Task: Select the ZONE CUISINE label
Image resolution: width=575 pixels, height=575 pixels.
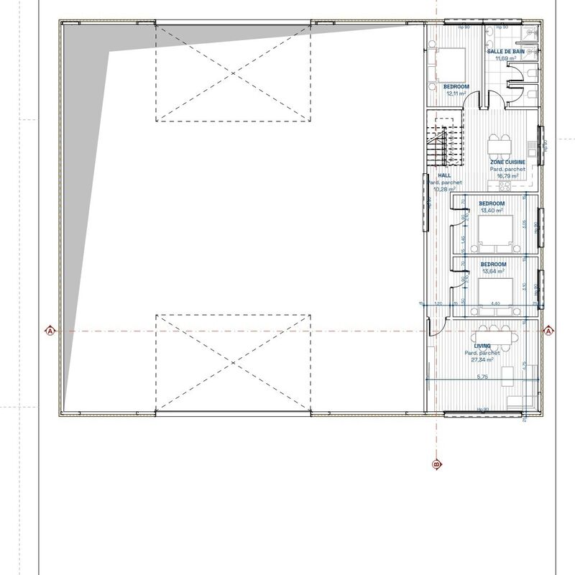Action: coord(508,162)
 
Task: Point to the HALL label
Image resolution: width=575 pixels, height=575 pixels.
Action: coord(443,175)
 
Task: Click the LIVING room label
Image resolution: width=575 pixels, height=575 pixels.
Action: coord(482,346)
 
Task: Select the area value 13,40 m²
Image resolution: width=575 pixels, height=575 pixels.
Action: coord(492,211)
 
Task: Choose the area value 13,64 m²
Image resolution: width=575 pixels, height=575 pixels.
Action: coord(492,272)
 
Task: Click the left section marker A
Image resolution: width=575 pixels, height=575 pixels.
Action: coord(50,331)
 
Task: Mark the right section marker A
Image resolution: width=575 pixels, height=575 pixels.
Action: coord(549,331)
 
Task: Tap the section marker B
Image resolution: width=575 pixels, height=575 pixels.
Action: coord(436,464)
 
